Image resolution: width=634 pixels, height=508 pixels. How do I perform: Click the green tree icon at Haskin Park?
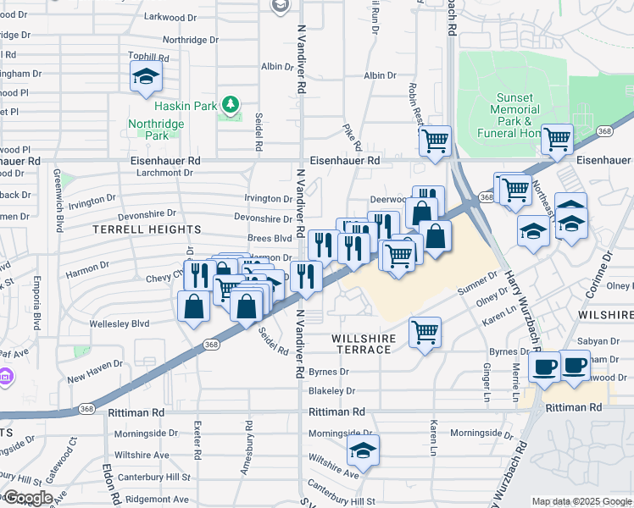(230, 104)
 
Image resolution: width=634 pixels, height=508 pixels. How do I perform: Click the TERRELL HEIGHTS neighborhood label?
(147, 229)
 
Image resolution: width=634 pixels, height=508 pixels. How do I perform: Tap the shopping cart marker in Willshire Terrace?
(425, 331)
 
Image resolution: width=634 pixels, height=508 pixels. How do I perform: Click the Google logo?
(28, 498)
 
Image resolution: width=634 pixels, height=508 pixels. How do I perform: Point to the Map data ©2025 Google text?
(581, 501)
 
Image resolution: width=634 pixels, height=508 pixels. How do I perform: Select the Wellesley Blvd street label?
(120, 323)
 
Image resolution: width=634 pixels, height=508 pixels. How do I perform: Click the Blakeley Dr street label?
(331, 391)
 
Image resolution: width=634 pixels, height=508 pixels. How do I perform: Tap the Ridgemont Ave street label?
(135, 500)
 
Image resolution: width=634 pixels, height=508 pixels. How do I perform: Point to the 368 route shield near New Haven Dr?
(212, 344)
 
